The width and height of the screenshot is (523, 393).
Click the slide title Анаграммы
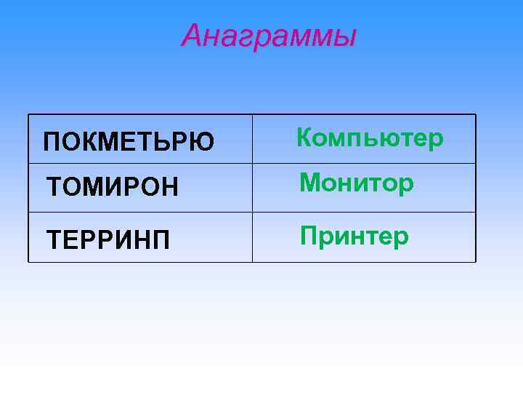tap(269, 35)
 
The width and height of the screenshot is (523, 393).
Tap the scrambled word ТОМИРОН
tap(111, 188)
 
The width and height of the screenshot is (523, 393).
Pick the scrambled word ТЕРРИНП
tap(108, 238)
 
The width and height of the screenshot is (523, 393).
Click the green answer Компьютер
tap(370, 138)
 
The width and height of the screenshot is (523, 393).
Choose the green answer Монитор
tap(357, 183)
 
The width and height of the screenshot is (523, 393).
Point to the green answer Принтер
tap(354, 236)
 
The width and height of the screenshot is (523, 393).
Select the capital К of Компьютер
tap(305, 138)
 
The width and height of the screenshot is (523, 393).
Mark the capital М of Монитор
tap(309, 183)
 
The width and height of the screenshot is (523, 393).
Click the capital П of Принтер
tap(309, 235)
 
